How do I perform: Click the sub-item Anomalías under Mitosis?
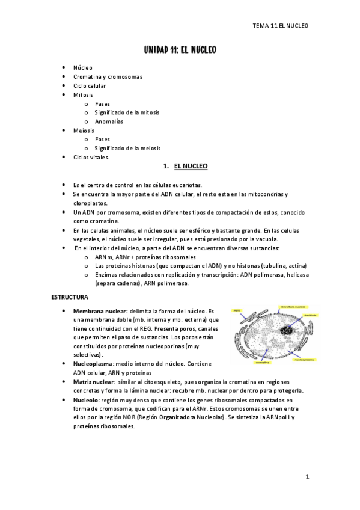[109, 121]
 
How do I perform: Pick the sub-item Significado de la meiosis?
[127, 148]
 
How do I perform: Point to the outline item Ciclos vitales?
[91, 157]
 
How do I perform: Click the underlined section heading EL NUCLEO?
[191, 165]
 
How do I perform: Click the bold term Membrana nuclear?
[99, 311]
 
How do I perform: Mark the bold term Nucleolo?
[88, 399]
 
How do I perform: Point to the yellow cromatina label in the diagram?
[263, 363]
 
